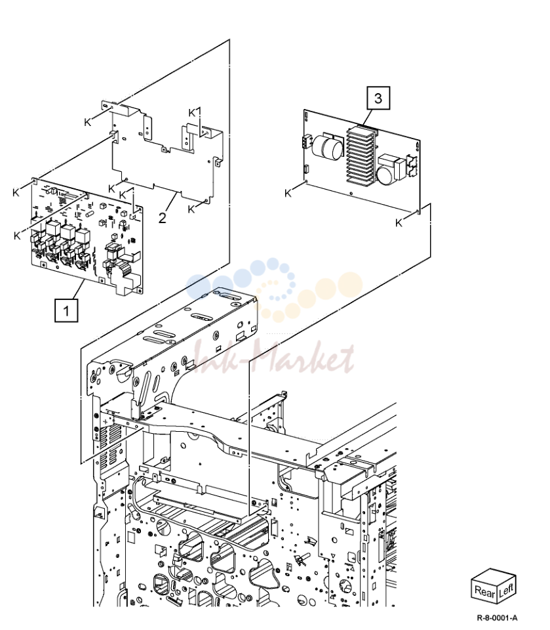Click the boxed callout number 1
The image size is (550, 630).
(x=66, y=310)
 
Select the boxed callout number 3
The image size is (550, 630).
(x=378, y=98)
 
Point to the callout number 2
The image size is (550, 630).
(x=162, y=218)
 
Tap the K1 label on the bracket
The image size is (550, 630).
(x=195, y=113)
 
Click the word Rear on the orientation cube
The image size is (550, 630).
(x=484, y=591)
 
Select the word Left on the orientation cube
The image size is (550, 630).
(x=506, y=590)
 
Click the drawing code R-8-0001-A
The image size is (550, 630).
(x=497, y=618)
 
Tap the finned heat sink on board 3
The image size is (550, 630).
(x=362, y=156)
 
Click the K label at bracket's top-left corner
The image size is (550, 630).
(x=88, y=122)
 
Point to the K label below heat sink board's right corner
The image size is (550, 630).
(x=399, y=222)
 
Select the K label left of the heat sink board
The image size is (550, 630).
(x=288, y=193)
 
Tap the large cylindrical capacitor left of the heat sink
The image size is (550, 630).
(x=327, y=146)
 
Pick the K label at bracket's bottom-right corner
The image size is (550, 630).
(x=191, y=209)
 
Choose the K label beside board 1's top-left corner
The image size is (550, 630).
(x=16, y=193)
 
